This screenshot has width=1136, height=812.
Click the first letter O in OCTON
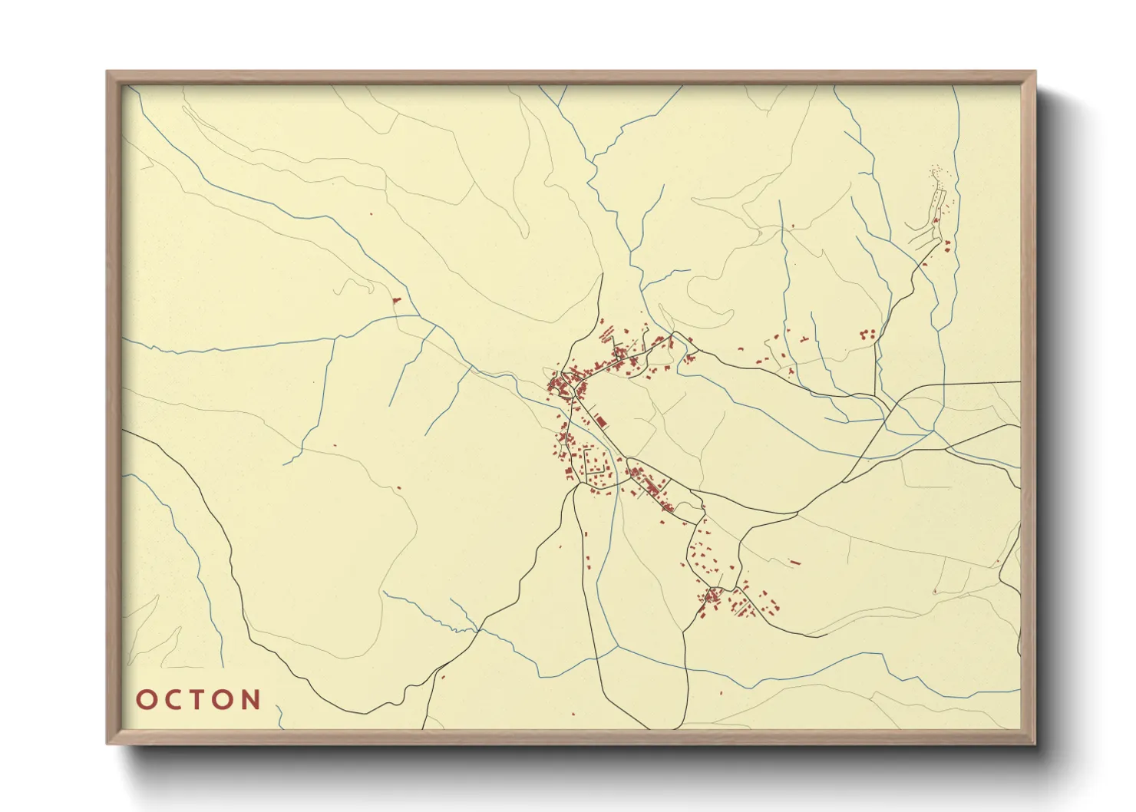tap(146, 700)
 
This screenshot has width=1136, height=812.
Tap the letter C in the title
tap(173, 700)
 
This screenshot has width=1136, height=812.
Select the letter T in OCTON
tap(199, 700)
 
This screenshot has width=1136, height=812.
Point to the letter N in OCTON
tap(251, 700)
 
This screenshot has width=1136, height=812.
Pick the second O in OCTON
tap(224, 700)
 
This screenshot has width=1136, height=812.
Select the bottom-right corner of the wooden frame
tap(1034, 742)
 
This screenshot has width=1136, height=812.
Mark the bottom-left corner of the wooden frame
tap(108, 742)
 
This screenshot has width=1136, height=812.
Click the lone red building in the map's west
tap(397, 300)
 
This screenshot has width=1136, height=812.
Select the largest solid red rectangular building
tap(601, 421)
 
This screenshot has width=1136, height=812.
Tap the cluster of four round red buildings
tap(868, 334)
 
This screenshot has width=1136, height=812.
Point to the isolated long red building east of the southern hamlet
tap(795, 562)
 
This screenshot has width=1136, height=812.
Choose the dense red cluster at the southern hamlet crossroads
tap(712, 595)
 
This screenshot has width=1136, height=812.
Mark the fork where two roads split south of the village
tap(575, 488)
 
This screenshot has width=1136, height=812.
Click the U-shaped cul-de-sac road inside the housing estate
tap(595, 464)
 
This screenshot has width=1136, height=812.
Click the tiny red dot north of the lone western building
tap(372, 213)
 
